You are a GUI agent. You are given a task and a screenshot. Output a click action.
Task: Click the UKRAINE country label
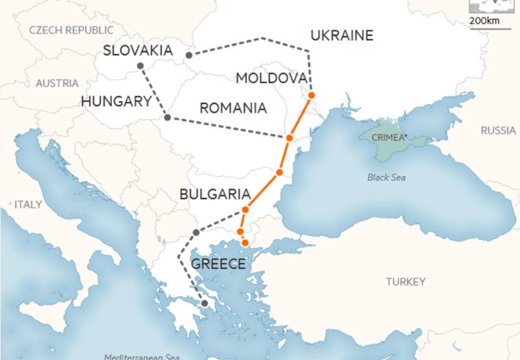tap(341, 35)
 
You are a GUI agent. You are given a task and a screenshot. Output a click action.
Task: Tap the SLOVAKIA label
tap(138, 51)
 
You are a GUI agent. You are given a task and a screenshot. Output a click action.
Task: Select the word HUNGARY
tap(116, 101)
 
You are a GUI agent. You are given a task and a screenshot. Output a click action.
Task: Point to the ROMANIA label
tap(233, 107)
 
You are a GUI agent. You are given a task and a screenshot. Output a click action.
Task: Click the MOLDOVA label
tap(270, 78)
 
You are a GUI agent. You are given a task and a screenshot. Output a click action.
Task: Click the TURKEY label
tap(406, 281)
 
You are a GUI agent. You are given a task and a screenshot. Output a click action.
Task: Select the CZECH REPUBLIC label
tap(71, 30)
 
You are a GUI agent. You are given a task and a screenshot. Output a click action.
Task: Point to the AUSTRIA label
tap(57, 83)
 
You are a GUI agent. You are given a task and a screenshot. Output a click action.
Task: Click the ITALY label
tap(27, 204)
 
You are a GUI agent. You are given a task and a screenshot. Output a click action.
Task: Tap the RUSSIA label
tap(498, 130)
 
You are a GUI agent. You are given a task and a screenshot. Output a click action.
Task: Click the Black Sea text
tap(387, 178)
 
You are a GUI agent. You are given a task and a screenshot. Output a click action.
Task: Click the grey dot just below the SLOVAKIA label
tap(140, 66)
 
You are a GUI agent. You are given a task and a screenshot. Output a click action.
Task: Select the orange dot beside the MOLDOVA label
tap(312, 95)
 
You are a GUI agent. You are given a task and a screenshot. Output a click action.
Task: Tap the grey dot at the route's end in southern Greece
tap(204, 303)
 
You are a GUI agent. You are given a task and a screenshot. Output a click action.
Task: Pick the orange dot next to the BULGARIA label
tap(245, 210)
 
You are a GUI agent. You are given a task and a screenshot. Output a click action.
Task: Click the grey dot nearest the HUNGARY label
tap(167, 117)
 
